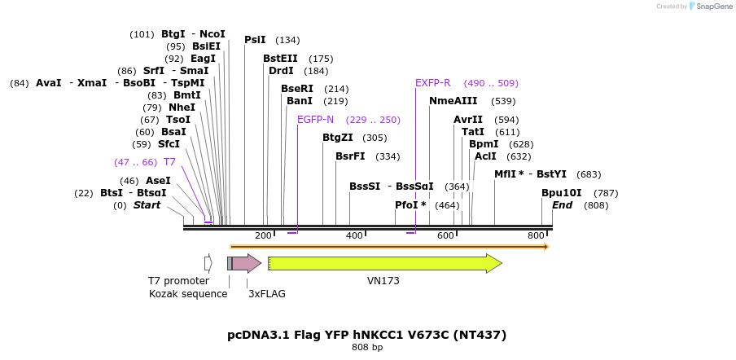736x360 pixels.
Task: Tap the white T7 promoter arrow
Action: (x=208, y=263)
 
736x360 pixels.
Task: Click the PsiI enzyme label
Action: (x=255, y=40)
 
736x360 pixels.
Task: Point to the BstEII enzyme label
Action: (x=280, y=59)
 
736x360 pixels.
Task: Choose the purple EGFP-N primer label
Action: (x=316, y=120)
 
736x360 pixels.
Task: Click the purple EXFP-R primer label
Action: (x=433, y=83)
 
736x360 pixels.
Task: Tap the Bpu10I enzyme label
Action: (x=562, y=193)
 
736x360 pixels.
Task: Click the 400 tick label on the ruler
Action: (x=354, y=235)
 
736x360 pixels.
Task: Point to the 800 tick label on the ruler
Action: (x=535, y=235)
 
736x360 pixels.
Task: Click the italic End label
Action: (x=562, y=205)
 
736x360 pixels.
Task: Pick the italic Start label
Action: (x=147, y=205)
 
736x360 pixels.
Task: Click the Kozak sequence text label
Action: (x=188, y=293)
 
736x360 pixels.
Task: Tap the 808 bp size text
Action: (x=366, y=348)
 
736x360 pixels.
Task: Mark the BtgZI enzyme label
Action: (x=338, y=138)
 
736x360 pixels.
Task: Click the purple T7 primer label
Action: (x=169, y=162)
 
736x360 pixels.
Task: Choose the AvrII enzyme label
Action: (x=468, y=120)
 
